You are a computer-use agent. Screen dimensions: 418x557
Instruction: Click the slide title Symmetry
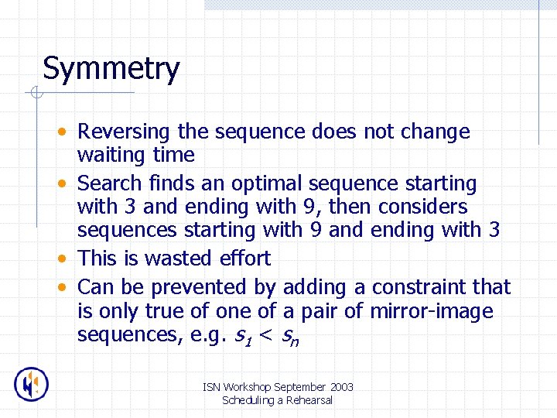click(x=111, y=69)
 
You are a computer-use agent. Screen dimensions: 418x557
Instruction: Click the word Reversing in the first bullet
click(x=125, y=132)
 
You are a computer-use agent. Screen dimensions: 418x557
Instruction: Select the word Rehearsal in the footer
click(x=307, y=400)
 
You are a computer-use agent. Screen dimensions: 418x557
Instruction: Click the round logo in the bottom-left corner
click(x=32, y=384)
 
